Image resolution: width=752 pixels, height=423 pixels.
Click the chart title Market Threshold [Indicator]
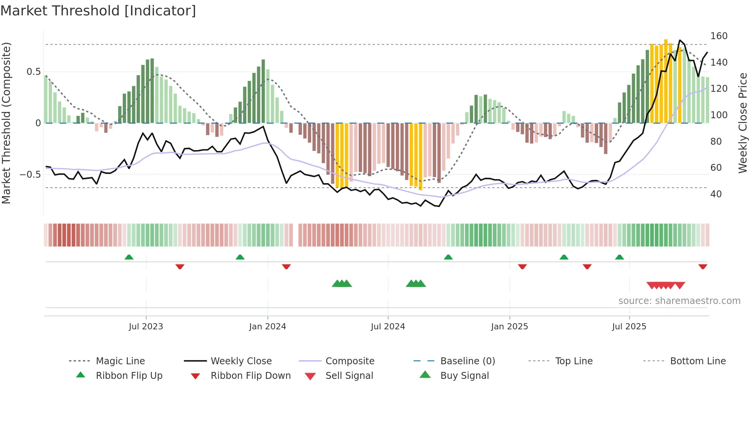click(x=98, y=11)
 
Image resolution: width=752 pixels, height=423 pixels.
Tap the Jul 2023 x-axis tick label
click(x=146, y=327)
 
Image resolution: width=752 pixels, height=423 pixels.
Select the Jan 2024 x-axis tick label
click(x=267, y=327)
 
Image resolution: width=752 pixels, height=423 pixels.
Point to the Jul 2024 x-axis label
click(x=388, y=327)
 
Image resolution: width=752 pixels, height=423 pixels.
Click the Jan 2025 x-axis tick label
click(x=510, y=327)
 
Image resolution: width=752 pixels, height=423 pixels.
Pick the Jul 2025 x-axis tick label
click(x=629, y=327)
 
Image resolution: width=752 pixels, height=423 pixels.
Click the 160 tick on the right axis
click(x=719, y=36)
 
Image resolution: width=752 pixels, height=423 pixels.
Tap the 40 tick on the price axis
click(x=716, y=194)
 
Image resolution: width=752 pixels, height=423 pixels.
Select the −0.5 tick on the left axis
click(x=30, y=175)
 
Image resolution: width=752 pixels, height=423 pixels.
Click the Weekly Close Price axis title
click(x=743, y=123)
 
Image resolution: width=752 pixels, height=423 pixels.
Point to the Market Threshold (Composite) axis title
click(x=6, y=123)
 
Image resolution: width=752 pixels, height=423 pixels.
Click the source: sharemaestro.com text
click(x=679, y=301)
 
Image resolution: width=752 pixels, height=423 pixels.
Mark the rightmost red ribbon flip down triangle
click(x=703, y=267)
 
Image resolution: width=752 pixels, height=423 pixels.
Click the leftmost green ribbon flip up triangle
click(x=129, y=257)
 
